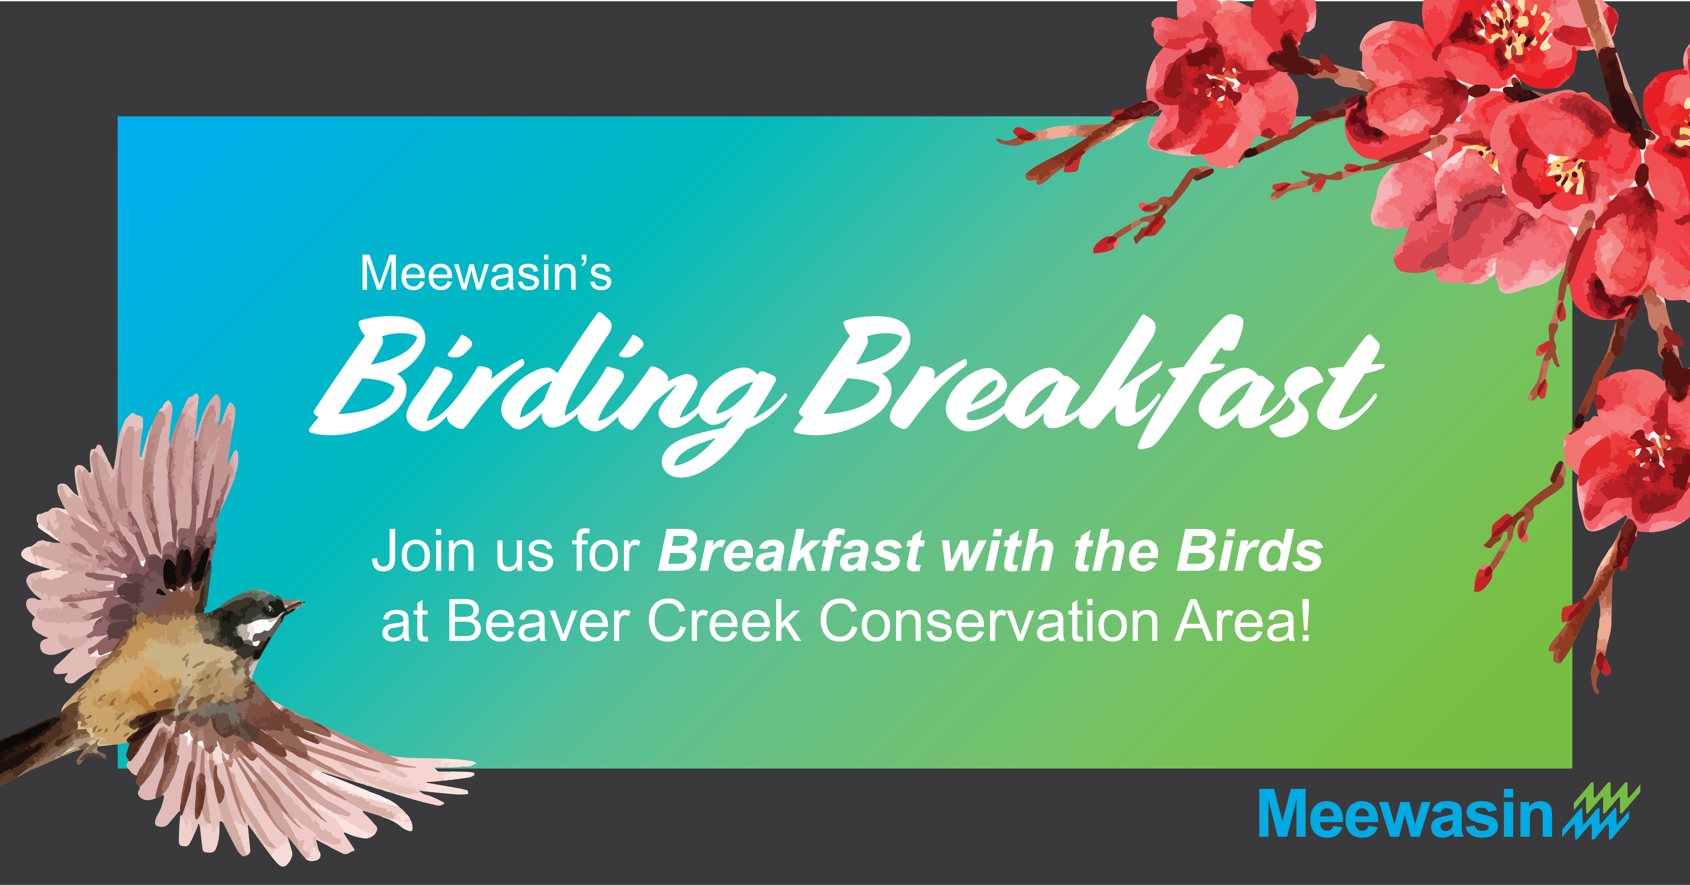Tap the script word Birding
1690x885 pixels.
(548, 394)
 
